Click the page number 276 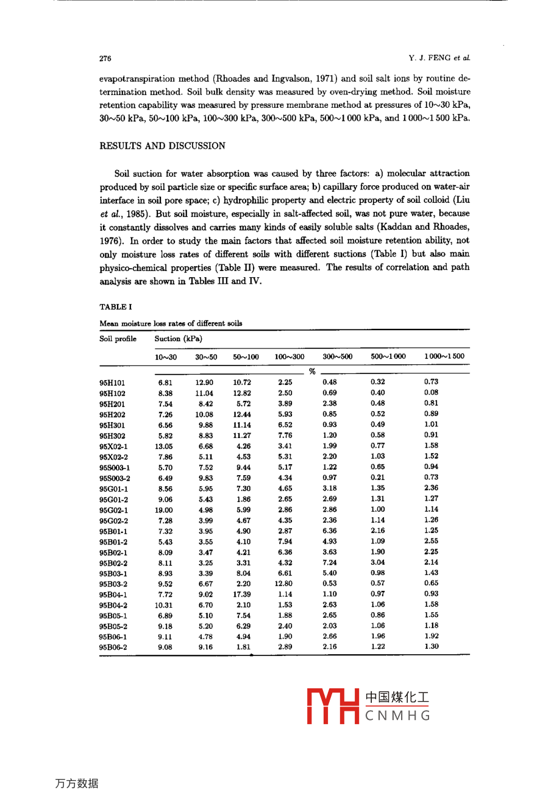(x=105, y=58)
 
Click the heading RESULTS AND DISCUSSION (x=162, y=146)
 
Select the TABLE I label (x=116, y=307)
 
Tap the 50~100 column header (x=246, y=356)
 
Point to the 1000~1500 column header (x=444, y=356)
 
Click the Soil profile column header (x=118, y=339)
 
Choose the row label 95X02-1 (x=114, y=446)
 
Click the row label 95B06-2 (x=114, y=647)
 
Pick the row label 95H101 (x=112, y=383)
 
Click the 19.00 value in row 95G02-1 (x=164, y=510)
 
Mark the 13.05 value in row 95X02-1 (x=164, y=446)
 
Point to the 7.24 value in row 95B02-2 (x=330, y=563)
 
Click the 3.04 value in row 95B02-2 (x=378, y=562)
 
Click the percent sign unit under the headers (x=311, y=371)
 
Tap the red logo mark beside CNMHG (x=332, y=706)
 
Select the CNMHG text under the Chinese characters (x=397, y=716)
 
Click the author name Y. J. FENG (x=430, y=58)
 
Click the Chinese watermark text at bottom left (x=77, y=783)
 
